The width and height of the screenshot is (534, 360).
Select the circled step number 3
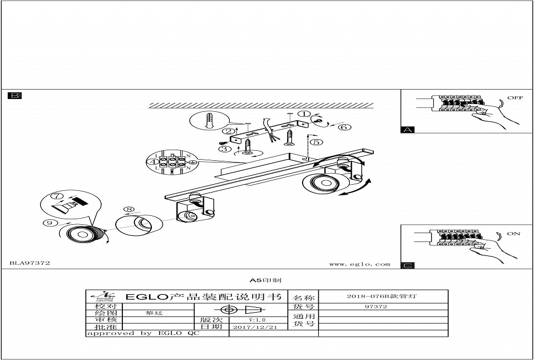pos(225,149)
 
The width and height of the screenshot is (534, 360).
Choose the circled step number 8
pos(130,210)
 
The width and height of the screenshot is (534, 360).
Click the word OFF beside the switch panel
pos(515,98)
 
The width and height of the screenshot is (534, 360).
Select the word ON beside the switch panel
pos(513,234)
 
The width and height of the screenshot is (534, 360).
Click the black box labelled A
pos(408,130)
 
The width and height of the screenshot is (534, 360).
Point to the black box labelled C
pos(408,265)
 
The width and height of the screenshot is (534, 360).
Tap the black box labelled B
pos(14,96)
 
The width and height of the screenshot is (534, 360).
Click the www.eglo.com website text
pos(359,264)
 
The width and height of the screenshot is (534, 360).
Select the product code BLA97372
pos(30,263)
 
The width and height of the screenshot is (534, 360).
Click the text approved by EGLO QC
pos(142,333)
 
